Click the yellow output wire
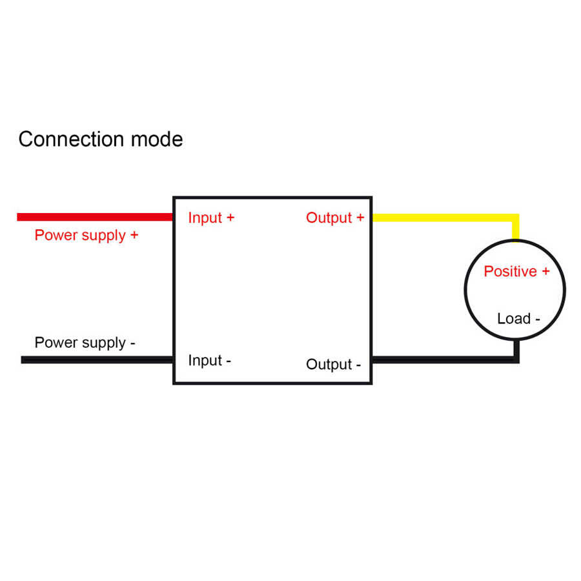point(445,218)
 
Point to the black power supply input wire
point(97,360)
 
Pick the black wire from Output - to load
point(445,360)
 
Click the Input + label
point(211,218)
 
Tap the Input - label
point(209,360)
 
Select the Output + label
point(335,218)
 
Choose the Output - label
point(333,365)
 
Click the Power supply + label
point(87,235)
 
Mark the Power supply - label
point(85,343)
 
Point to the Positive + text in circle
point(516,272)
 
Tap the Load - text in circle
point(518,318)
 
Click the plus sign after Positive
point(545,272)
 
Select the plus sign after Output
point(360,218)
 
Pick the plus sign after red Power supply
point(134,235)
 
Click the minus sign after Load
point(537,319)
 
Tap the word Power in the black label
point(53,343)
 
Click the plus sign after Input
point(230,218)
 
